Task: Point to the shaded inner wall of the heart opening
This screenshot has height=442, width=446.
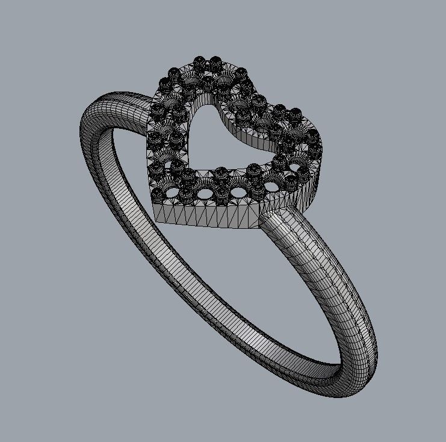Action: click(241, 129)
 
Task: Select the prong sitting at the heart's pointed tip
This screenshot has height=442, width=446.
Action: click(158, 193)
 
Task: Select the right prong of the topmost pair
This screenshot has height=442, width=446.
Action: click(215, 61)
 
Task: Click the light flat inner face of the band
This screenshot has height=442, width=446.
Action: click(156, 241)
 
